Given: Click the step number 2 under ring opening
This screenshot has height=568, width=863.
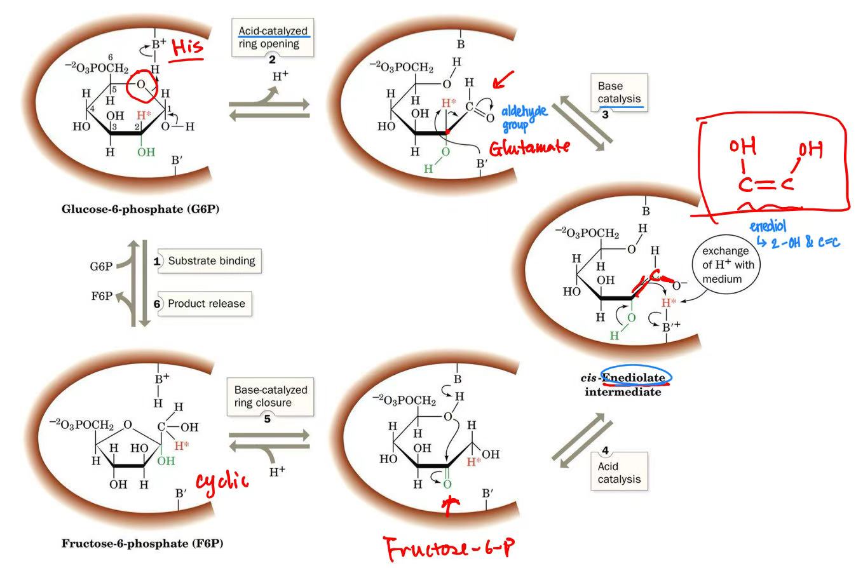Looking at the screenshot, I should click(x=273, y=57).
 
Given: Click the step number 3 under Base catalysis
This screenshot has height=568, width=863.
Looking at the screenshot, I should click(x=605, y=115).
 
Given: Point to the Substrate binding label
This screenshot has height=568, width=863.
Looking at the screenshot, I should click(x=210, y=260).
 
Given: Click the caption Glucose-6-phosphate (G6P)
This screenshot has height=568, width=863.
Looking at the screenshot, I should click(x=140, y=208).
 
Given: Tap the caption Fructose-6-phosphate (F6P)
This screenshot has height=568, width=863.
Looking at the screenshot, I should click(x=142, y=543).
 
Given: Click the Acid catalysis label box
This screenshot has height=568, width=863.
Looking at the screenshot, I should click(x=618, y=472).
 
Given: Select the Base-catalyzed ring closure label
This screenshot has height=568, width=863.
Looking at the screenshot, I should click(x=270, y=396).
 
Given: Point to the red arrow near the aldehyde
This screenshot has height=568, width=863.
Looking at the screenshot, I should click(x=504, y=79).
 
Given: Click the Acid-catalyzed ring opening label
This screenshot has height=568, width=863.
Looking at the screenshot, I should click(x=273, y=37).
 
